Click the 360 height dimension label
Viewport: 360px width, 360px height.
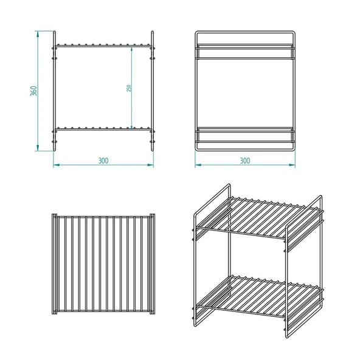pos(33,91)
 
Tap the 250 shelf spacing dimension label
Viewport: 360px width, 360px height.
pos(129,88)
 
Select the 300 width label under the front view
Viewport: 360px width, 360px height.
pos(103,161)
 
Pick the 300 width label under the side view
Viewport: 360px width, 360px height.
pos(245,161)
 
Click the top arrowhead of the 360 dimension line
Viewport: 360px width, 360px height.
pos(38,34)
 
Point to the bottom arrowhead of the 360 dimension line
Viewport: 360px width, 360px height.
pos(38,148)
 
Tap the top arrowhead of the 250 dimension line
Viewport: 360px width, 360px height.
pos(131,50)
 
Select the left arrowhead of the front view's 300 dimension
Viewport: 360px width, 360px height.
pos(57,165)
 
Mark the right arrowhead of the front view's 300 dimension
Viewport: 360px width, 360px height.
pos(150,165)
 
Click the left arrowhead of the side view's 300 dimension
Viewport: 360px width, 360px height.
pos(198,165)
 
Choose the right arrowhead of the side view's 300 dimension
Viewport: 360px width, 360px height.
pos(292,165)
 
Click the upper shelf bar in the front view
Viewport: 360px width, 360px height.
pos(103,46)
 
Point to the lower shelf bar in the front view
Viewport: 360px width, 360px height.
pos(103,130)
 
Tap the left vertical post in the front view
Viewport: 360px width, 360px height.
pos(54,91)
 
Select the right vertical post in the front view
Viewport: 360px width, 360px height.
pos(152,91)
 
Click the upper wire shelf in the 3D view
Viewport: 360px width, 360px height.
pos(258,217)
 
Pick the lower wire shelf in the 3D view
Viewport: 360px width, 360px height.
pos(258,296)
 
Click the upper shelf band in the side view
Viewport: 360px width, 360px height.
pos(245,52)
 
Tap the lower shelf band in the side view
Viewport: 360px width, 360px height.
pos(245,135)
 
